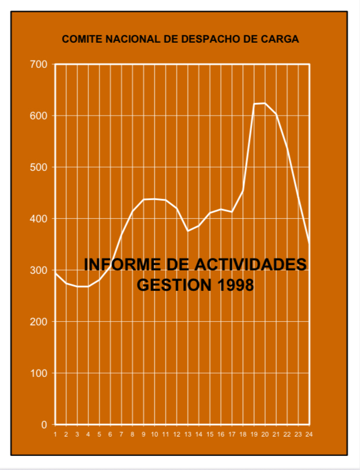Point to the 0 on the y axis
[44, 425]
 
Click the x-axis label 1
[55, 434]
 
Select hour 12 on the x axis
[176, 434]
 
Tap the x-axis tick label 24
[308, 434]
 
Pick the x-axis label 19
[253, 434]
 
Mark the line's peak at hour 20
[265, 103]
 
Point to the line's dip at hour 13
[187, 231]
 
